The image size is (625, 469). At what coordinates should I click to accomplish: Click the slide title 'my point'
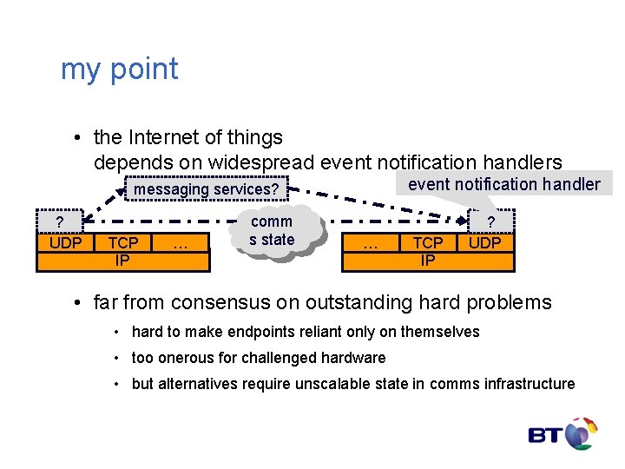point(119,69)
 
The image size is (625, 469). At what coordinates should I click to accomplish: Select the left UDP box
point(65,243)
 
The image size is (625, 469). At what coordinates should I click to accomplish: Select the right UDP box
point(484,243)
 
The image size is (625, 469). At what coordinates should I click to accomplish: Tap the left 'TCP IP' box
point(123,251)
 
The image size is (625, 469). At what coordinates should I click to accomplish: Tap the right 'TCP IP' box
point(427,251)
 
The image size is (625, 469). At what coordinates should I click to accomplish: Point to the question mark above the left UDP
point(59,222)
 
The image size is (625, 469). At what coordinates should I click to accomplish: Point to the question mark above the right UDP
point(490,222)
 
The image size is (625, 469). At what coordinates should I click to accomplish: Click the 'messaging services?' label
point(206,189)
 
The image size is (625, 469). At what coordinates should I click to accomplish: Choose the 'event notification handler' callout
point(503,183)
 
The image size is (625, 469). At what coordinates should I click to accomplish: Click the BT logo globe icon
point(581,433)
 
